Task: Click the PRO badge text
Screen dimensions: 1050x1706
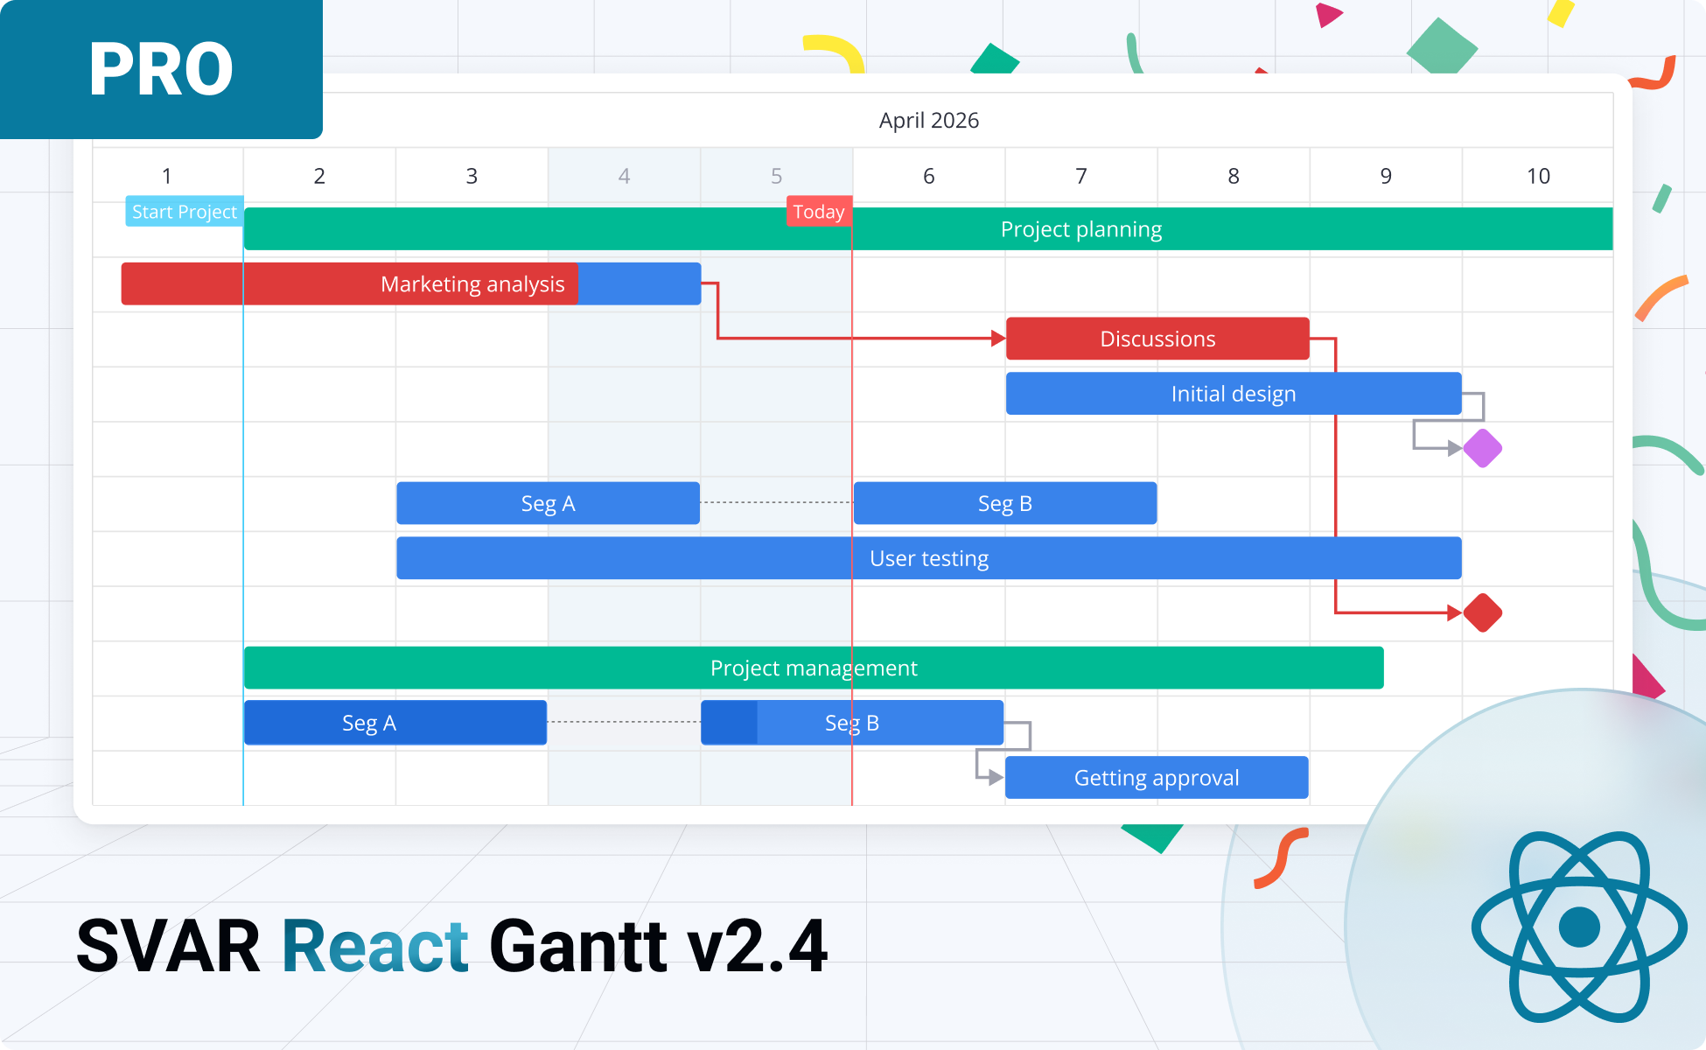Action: [x=161, y=70]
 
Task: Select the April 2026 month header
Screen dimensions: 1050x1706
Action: [x=928, y=120]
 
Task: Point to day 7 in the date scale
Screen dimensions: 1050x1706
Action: [x=1080, y=176]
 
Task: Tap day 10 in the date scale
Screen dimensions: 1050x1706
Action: [x=1537, y=176]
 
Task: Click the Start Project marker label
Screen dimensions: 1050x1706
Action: [x=184, y=212]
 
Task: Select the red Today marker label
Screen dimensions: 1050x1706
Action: [x=818, y=212]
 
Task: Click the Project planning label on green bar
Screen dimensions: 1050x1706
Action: [x=1080, y=229]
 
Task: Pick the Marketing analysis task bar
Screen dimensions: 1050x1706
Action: [x=472, y=284]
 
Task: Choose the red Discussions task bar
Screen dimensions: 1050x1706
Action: [x=1157, y=339]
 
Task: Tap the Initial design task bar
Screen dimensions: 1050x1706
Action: [x=1233, y=394]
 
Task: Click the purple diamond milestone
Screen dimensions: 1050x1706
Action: [x=1482, y=449]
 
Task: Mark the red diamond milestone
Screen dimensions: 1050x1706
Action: [x=1482, y=612]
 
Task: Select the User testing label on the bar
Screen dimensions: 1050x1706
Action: [x=928, y=558]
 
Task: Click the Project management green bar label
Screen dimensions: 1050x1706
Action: [x=814, y=668]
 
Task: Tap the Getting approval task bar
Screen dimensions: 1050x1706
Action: [x=1156, y=778]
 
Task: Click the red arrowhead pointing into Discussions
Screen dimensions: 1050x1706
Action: [x=997, y=339]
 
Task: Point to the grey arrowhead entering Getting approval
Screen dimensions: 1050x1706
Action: [x=996, y=777]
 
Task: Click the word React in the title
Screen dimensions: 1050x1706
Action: [x=374, y=947]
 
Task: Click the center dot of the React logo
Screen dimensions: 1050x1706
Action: [x=1579, y=927]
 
